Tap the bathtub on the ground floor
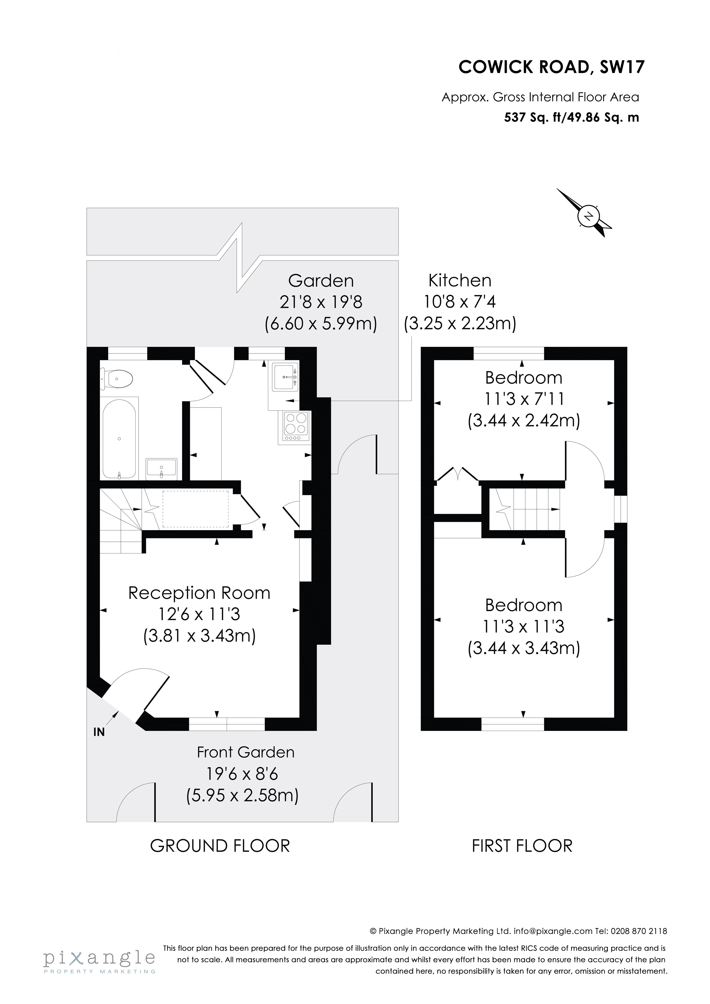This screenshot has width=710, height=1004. pyautogui.click(x=119, y=438)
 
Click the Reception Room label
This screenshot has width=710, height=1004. pyautogui.click(x=199, y=593)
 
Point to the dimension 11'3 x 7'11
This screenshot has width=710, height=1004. pyautogui.click(x=524, y=399)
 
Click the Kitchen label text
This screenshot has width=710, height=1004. pyautogui.click(x=460, y=280)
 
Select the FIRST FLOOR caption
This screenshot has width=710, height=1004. pyautogui.click(x=522, y=846)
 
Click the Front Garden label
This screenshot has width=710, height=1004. pyautogui.click(x=245, y=752)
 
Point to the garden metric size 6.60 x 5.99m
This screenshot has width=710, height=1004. pyautogui.click(x=321, y=324)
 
